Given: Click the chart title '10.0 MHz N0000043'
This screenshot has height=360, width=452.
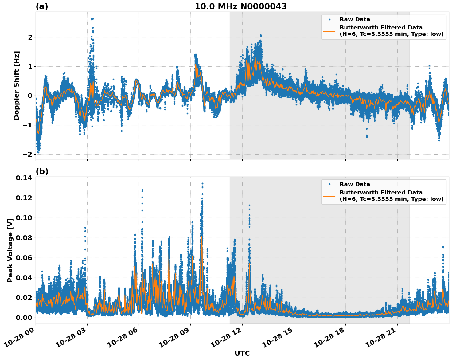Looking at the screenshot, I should pyautogui.click(x=241, y=6).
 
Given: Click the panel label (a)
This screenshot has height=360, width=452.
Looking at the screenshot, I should pyautogui.click(x=42, y=6).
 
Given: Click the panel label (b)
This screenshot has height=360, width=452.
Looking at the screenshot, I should pyautogui.click(x=42, y=171).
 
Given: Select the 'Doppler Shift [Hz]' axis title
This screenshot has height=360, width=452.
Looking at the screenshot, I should pyautogui.click(x=17, y=85).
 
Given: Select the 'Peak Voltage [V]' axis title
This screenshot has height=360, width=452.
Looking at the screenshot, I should pyautogui.click(x=10, y=250).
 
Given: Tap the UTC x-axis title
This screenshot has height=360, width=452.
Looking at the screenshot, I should pyautogui.click(x=242, y=353).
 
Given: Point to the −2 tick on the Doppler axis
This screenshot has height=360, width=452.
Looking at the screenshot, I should pyautogui.click(x=27, y=154).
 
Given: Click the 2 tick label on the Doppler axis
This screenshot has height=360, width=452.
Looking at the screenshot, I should pyautogui.click(x=30, y=37).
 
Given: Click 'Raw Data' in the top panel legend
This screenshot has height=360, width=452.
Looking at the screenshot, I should pyautogui.click(x=355, y=19).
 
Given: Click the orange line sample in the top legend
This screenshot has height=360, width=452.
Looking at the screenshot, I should pyautogui.click(x=329, y=31).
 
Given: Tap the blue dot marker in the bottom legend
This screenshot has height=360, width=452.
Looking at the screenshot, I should pyautogui.click(x=329, y=184).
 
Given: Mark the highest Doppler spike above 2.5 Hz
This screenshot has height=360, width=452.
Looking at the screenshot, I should pyautogui.click(x=92, y=19).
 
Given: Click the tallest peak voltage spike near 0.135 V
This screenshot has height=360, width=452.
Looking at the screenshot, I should pyautogui.click(x=202, y=184).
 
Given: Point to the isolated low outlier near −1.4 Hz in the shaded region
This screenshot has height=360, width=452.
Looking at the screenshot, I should pyautogui.click(x=366, y=136).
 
